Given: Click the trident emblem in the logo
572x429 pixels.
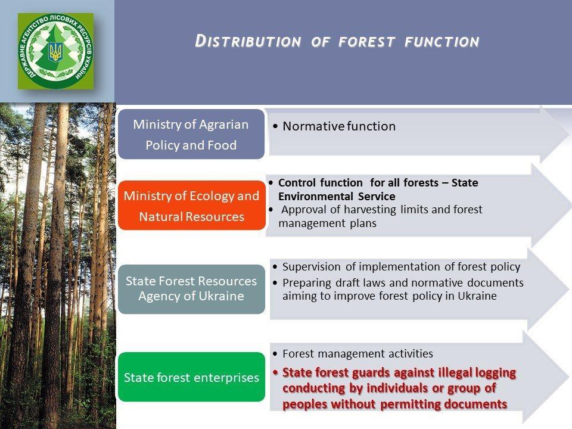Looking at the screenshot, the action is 55,52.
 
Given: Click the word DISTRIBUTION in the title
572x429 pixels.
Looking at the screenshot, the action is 248,41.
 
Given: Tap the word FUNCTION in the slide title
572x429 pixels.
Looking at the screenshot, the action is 442,42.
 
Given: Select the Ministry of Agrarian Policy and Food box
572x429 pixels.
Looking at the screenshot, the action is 191,134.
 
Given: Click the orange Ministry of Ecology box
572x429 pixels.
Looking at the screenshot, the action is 192,206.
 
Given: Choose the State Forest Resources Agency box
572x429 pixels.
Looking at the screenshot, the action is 191,289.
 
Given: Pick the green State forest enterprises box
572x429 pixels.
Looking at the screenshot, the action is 191,377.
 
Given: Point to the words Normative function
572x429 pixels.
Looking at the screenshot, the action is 339,126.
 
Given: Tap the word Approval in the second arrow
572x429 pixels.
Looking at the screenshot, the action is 304,210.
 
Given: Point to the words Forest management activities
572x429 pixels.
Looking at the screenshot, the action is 357,353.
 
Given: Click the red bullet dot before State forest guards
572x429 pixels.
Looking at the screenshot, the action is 275,372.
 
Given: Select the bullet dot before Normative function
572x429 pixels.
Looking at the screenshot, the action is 275,126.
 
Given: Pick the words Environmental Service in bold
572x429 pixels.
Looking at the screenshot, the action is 337,196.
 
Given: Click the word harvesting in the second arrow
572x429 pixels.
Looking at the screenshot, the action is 370,210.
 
